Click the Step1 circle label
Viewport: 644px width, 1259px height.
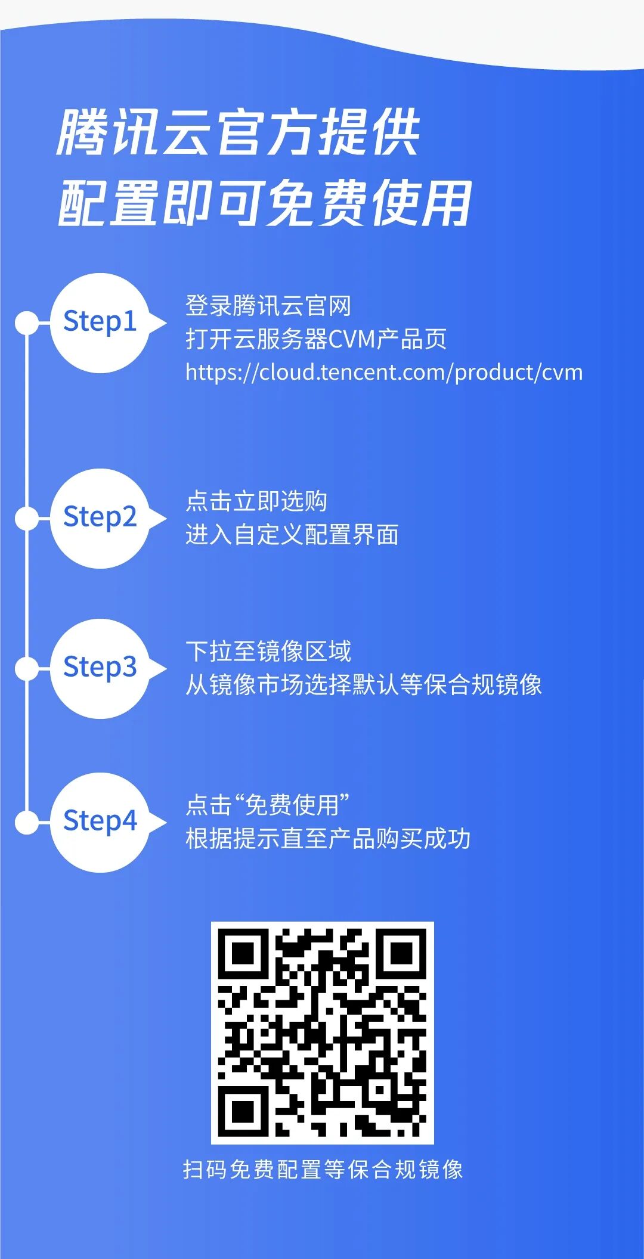pyautogui.click(x=100, y=322)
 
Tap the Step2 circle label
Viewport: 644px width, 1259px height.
pyautogui.click(x=100, y=517)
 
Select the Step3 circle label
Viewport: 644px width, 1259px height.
pyautogui.click(x=100, y=668)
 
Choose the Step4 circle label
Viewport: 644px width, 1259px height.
pyautogui.click(x=100, y=821)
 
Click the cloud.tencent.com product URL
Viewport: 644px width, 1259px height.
pyautogui.click(x=384, y=373)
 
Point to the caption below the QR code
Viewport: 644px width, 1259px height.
pyautogui.click(x=323, y=1170)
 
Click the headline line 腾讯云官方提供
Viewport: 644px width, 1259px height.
pyautogui.click(x=239, y=132)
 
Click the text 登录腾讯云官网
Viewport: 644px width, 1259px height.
pyautogui.click(x=268, y=306)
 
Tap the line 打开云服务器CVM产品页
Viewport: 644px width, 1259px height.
pyautogui.click(x=316, y=339)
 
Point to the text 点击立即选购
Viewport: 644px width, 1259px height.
pyautogui.click(x=256, y=501)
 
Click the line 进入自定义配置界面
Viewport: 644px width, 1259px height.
pyautogui.click(x=292, y=535)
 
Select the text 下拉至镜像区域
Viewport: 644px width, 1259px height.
pyautogui.click(x=268, y=652)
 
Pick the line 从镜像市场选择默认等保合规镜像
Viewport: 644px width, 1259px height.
pyautogui.click(x=363, y=684)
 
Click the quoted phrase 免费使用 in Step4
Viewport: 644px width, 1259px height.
pyautogui.click(x=292, y=805)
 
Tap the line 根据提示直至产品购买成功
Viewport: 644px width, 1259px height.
pyautogui.click(x=328, y=839)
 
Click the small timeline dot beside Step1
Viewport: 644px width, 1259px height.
pyautogui.click(x=26, y=322)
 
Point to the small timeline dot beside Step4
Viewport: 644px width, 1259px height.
pyautogui.click(x=26, y=823)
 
